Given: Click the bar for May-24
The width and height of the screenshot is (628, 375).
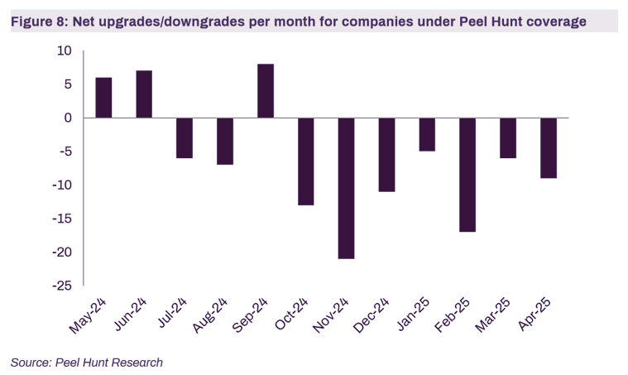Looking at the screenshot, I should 103,98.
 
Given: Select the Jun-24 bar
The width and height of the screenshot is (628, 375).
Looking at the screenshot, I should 144,94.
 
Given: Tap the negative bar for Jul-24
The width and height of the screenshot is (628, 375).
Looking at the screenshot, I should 185,137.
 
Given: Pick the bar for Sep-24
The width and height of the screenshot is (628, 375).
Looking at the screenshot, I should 266,91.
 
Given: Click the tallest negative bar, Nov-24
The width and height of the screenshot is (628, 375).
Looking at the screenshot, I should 346,188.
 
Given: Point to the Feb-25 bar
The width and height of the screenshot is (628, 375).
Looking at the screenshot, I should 467,175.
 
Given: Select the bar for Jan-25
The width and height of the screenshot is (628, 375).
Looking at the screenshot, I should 427,134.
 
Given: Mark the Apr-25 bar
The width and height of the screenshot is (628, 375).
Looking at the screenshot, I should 549,147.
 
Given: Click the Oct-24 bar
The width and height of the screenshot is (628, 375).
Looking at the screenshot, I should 306,161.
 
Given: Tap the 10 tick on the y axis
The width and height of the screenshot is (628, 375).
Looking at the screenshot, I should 65,51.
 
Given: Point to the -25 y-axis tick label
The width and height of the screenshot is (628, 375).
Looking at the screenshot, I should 61,286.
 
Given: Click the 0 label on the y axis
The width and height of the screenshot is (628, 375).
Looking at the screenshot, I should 68,118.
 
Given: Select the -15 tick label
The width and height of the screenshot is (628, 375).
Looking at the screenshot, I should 61,219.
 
